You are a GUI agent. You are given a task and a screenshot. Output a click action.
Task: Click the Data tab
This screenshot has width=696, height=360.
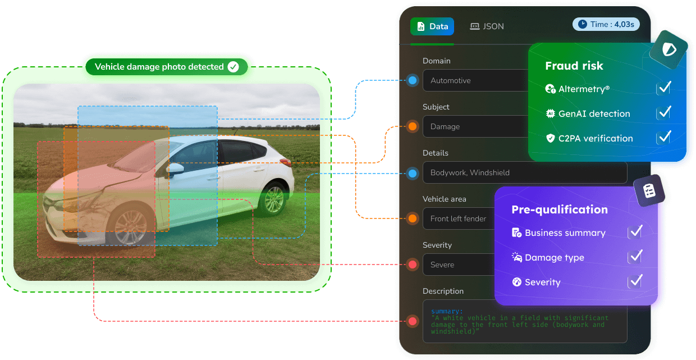point(432,26)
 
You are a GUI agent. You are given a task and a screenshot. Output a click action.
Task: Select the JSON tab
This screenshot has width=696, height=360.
point(487,26)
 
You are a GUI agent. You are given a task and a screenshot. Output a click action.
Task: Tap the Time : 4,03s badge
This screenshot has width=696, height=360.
point(606,24)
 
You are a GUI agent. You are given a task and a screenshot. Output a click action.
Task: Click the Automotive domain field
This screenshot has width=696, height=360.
point(475,80)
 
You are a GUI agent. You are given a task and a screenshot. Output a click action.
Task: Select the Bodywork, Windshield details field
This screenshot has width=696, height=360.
point(525,172)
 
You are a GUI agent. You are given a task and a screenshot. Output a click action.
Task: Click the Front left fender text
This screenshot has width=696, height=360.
point(458,218)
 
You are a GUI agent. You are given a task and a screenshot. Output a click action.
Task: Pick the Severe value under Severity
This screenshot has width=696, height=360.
point(442,265)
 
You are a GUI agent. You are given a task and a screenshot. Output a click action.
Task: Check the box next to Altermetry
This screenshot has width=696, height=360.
point(663,89)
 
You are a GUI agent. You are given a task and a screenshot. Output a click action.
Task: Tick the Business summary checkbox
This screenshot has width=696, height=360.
point(635,232)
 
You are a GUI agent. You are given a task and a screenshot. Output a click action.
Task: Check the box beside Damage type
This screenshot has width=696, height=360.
point(635,257)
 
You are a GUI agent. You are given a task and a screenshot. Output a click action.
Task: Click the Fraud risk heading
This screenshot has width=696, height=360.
point(574,66)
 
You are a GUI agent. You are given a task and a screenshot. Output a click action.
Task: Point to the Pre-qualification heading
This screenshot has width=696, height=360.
point(559,209)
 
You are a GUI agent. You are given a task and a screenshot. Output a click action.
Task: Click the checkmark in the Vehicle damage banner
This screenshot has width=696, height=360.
point(233,66)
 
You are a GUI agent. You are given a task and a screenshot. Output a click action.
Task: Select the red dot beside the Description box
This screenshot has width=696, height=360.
point(413,321)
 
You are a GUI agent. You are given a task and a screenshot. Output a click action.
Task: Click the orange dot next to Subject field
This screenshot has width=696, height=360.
point(413,126)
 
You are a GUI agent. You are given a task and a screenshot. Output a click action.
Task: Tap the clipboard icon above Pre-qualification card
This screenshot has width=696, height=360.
point(649,190)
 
